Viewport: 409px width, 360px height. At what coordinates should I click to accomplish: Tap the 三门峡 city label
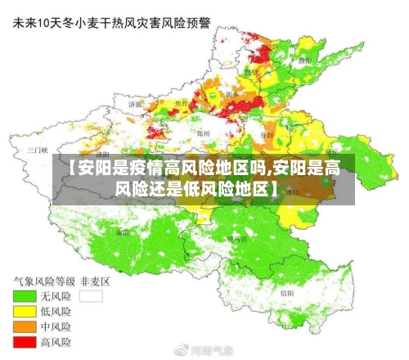(x=38, y=151)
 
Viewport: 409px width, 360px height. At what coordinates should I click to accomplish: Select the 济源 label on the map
(x=136, y=105)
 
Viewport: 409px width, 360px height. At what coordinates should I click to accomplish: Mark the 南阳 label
(x=123, y=232)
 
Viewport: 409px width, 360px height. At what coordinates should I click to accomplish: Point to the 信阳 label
(x=286, y=292)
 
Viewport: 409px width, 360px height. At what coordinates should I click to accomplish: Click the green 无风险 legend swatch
(x=24, y=296)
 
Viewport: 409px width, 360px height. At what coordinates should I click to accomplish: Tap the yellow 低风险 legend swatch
(x=24, y=311)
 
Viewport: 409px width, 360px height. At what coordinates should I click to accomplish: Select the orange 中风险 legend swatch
(x=24, y=326)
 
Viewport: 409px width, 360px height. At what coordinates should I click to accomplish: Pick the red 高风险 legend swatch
(x=24, y=340)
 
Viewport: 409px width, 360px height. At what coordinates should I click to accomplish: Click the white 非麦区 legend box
(x=91, y=296)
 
